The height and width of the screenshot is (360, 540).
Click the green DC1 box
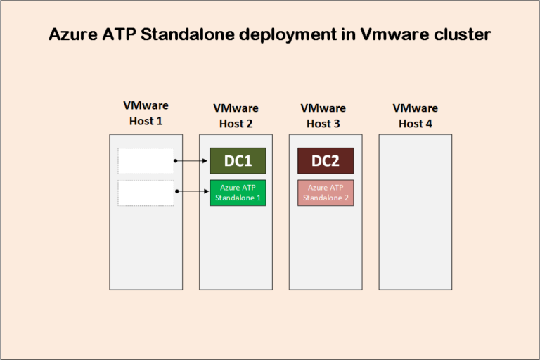click(x=238, y=161)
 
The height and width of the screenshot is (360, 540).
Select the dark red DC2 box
click(x=326, y=161)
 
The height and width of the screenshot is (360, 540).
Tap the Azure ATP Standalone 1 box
click(x=238, y=193)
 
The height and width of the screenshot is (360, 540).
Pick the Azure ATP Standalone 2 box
click(x=326, y=193)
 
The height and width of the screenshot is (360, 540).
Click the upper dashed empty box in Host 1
click(x=146, y=161)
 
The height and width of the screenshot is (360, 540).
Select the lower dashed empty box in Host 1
click(x=146, y=193)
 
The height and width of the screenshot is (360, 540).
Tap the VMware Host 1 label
click(x=146, y=113)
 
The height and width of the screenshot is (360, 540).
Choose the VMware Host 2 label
click(x=236, y=116)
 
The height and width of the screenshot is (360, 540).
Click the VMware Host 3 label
click(x=323, y=116)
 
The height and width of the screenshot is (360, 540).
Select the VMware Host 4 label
click(x=415, y=116)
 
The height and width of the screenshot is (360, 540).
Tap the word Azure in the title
click(x=72, y=35)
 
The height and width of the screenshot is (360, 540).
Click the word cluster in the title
click(x=461, y=35)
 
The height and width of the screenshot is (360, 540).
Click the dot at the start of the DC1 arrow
click(x=175, y=161)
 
